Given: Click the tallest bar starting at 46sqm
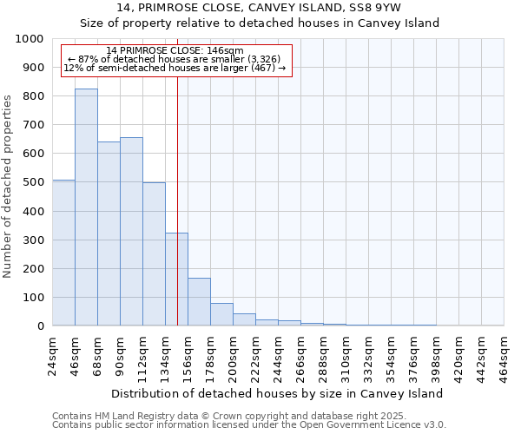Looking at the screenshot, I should (86, 207).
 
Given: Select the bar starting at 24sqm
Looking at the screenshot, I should (63, 253).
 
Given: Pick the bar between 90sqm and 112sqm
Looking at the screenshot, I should (131, 232).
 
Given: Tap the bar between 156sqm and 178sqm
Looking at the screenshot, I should (199, 302).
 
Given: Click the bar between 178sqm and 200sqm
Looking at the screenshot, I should (221, 314).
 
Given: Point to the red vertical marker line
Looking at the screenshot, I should (177, 191).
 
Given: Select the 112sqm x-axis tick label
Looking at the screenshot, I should (143, 354).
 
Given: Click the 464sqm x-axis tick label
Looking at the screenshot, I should (505, 354).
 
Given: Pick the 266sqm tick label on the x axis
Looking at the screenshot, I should (301, 354).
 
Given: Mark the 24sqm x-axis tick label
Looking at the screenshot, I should (53, 354).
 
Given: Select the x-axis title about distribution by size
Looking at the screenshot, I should (278, 393).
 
